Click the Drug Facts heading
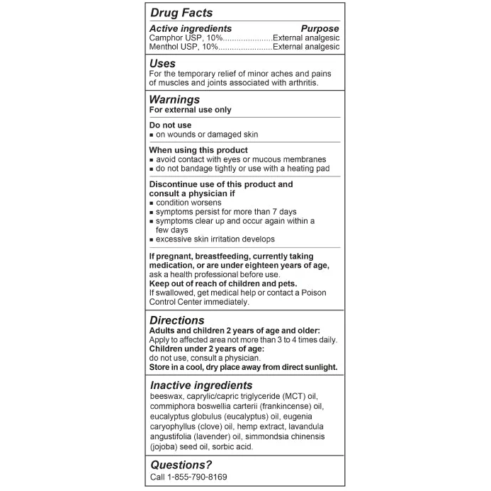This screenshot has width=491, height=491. tap(181, 13)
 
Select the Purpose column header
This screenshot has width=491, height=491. tap(320, 28)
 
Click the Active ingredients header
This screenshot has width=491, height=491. tap(191, 28)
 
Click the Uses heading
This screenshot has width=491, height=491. tap(163, 64)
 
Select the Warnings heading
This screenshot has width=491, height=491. tap(174, 100)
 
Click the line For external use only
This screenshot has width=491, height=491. tap(190, 110)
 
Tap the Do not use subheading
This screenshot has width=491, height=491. tap(170, 125)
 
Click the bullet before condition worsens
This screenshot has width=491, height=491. tap(152, 203)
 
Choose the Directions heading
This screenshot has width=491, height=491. tap(177, 320)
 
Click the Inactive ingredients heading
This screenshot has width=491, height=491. tap(201, 385)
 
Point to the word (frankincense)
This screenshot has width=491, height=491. tap(290, 407)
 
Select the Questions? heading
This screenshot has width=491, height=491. tap(181, 465)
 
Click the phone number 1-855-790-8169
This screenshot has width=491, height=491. tap(198, 477)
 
